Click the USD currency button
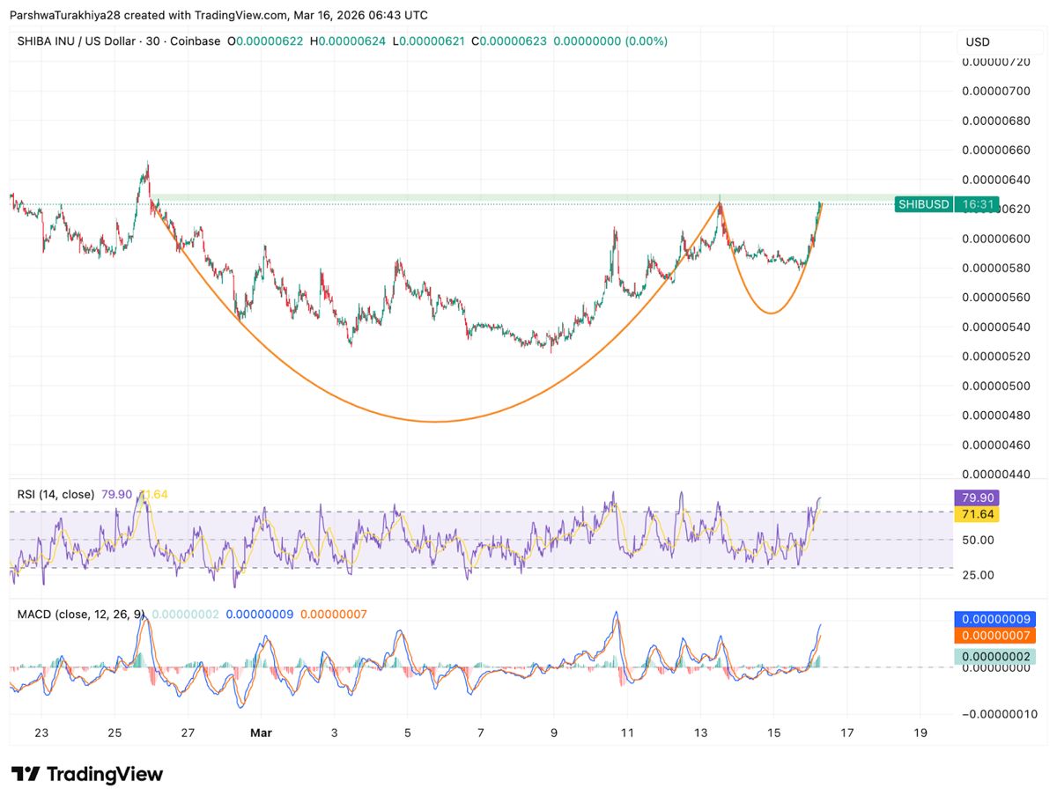coord(978,41)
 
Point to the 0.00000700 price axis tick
coord(995,92)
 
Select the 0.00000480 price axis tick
coord(995,416)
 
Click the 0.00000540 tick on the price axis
coord(995,328)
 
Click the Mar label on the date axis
coord(260,733)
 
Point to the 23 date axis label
coord(41,733)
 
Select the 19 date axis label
coord(920,733)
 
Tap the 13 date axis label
coord(700,733)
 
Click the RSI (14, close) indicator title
coord(55,495)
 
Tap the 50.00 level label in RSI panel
coord(977,540)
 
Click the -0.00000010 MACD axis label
coord(995,714)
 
